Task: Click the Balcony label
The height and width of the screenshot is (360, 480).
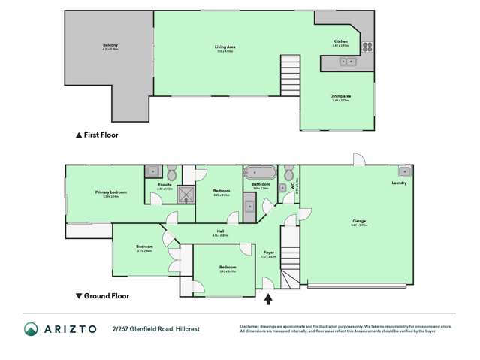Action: point(110,47)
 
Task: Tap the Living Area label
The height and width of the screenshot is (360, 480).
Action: point(224,47)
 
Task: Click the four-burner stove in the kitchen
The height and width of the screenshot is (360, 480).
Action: point(367,45)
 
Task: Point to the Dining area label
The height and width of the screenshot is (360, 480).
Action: point(341,97)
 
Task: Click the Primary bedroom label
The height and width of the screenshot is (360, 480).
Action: point(110,193)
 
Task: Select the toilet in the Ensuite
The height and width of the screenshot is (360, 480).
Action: point(172,170)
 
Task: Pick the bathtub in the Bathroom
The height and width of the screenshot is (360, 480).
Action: point(260,171)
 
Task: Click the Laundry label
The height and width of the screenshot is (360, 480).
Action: point(399,183)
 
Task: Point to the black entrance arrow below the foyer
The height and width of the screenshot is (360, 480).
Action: point(269,299)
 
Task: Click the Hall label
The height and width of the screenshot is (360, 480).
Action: point(220,232)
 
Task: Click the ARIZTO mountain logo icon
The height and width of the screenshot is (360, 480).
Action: point(32,329)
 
